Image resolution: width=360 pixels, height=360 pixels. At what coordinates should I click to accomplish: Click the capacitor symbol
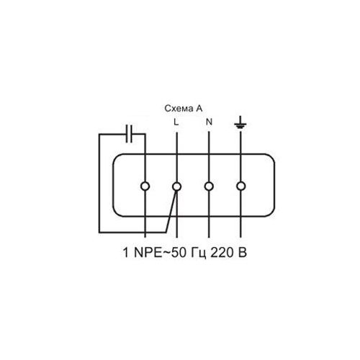coord(129,134)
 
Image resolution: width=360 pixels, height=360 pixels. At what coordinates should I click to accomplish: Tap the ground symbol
coord(240,122)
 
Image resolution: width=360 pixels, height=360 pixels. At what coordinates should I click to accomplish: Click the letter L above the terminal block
coord(176,122)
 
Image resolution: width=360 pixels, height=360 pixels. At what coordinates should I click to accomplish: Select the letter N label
coord(210,122)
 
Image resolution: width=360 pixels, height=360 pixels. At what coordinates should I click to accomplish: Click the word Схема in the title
coord(179,109)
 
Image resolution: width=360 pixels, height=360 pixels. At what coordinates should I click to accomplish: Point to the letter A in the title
coord(199,109)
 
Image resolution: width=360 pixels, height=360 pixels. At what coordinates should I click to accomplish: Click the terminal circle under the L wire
coord(177,186)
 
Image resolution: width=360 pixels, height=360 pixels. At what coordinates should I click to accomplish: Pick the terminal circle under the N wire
coord(209,186)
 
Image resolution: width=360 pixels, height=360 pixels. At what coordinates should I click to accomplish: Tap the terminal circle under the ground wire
coord(240,186)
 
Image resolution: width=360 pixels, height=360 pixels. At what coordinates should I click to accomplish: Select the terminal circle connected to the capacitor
coord(145,186)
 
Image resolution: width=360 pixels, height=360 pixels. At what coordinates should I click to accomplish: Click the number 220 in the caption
coord(220,253)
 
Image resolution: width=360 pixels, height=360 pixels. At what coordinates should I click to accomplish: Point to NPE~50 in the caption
coord(160,253)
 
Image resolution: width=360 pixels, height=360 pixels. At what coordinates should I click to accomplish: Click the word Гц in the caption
coord(199,253)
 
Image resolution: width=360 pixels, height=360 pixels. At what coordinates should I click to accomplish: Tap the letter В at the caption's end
coord(243,253)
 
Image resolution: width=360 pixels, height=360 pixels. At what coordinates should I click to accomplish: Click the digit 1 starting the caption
coord(126,253)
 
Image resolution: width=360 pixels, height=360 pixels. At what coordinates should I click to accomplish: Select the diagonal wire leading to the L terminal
coord(171,212)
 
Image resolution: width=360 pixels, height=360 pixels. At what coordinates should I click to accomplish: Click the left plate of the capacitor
coord(127,134)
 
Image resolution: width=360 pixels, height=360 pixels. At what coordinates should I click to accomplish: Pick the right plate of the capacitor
coord(131,134)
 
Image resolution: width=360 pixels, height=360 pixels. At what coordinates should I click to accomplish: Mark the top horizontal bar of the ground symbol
coord(240,124)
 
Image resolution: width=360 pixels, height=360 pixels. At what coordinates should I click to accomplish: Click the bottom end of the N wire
coord(209,238)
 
